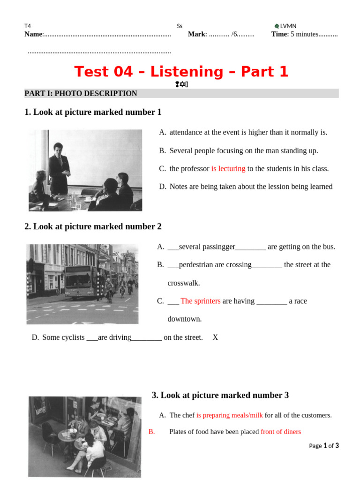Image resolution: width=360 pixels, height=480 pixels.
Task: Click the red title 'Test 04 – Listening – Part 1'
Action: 181,72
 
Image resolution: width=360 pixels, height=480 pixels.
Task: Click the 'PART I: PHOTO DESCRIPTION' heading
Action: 81,93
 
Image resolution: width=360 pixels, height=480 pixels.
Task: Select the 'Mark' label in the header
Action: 196,34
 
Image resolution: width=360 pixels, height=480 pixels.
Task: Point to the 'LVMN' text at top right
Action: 288,26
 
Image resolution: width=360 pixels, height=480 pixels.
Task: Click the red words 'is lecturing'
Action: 228,169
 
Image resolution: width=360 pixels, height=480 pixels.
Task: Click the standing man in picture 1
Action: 59,167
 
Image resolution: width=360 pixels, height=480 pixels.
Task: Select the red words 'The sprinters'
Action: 200,301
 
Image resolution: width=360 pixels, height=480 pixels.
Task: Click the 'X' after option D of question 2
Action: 215,337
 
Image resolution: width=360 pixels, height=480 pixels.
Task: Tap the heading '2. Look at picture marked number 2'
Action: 93,226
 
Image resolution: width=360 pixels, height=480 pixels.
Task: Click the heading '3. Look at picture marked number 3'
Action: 220,395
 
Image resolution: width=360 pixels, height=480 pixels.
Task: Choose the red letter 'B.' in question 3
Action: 151,432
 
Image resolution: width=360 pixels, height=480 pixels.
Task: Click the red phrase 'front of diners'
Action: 281,432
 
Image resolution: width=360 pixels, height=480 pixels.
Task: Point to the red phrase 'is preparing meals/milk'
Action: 230,415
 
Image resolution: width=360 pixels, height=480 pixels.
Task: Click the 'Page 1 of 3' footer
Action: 324,446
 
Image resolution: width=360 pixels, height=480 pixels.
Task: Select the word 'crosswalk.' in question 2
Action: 184,283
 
